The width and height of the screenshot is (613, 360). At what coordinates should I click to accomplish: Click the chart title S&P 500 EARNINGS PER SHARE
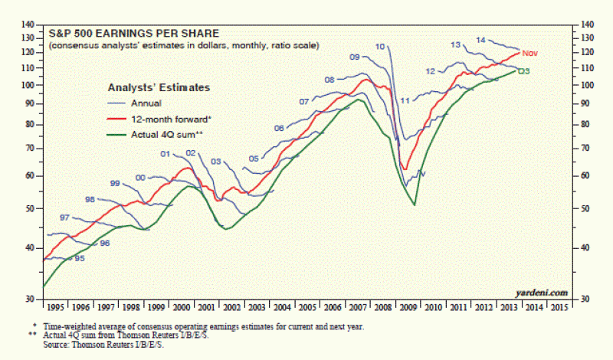[x=134, y=34]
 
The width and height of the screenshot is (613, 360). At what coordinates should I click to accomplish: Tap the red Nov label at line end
[x=531, y=54]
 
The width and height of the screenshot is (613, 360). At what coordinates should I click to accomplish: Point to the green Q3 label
[x=525, y=71]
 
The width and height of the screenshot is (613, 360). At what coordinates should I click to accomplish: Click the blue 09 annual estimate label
[x=355, y=57]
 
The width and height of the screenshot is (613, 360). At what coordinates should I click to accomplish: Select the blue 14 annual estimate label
[x=480, y=40]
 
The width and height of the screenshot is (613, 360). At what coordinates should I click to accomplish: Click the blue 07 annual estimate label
[x=304, y=102]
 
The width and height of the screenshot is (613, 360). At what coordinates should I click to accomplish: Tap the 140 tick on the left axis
[x=29, y=25]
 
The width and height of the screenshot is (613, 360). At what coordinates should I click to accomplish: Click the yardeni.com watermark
[x=546, y=293]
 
